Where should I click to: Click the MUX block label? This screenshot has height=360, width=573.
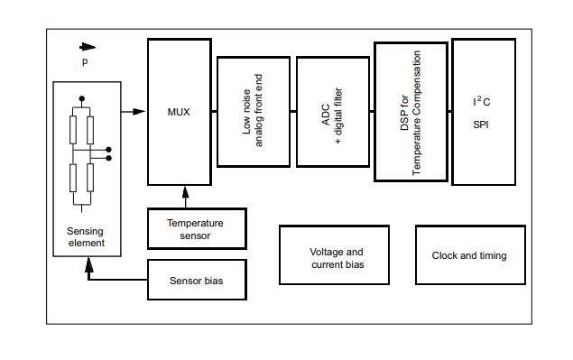179,112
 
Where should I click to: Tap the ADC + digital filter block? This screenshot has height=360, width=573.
331,111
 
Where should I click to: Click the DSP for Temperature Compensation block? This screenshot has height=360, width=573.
411,111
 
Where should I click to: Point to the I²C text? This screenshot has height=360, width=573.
481,102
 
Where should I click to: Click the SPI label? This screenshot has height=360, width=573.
481,125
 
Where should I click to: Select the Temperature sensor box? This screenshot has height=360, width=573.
196,229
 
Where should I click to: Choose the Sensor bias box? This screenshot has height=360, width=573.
196,281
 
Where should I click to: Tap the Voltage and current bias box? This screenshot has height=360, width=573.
336,257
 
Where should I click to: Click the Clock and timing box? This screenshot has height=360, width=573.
469,255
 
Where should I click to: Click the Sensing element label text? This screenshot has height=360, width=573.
86,236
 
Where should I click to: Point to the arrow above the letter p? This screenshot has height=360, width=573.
88,47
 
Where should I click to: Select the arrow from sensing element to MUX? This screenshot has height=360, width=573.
134,112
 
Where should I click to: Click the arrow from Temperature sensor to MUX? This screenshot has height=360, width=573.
186,198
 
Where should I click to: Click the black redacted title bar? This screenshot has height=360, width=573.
285,17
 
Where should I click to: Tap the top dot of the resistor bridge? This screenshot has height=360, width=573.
82,97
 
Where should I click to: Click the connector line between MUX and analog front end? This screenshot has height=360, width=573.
214,112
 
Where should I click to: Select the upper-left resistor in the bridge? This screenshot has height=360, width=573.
74,129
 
